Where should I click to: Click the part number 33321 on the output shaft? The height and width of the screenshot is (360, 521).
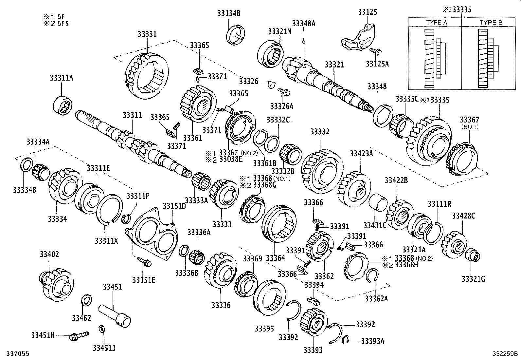click(x=334, y=65)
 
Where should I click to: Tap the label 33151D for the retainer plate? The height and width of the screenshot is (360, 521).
click(x=174, y=206)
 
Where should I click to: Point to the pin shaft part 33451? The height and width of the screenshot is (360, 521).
click(x=115, y=314)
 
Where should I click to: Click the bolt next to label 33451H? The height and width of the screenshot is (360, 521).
click(x=79, y=336)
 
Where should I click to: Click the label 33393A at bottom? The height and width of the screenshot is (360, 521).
click(x=372, y=341)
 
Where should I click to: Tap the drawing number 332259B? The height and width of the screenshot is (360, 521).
click(x=506, y=354)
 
